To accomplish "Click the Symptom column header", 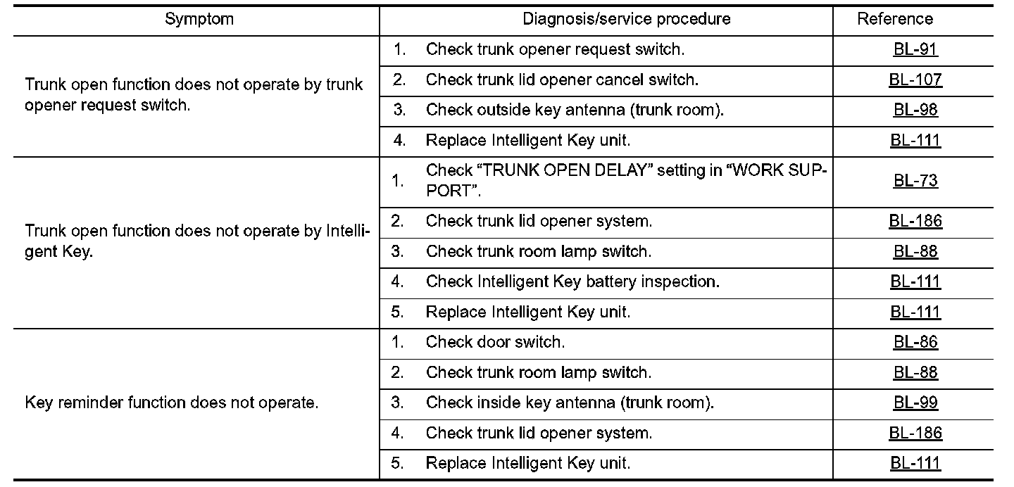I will (199, 20).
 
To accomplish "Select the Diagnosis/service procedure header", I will (626, 20).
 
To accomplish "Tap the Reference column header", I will (894, 20).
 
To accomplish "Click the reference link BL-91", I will (915, 50).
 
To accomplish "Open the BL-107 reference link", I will (915, 80).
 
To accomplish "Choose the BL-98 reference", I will (915, 110).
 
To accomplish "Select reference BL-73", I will (915, 181).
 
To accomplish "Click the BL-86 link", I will (915, 343).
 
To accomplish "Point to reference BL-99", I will (915, 403).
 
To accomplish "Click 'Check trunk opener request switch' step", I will (555, 50).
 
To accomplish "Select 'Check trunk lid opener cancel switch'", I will (562, 80).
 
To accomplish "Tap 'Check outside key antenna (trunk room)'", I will (575, 110).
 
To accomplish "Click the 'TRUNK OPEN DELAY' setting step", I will (626, 181).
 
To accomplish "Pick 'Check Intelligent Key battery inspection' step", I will (572, 282).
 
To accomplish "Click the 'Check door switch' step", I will (495, 343).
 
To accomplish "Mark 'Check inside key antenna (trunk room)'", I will (570, 403).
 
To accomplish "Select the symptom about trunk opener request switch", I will (194, 95).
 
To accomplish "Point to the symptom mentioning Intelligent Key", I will (197, 241).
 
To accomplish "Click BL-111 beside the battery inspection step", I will (915, 282).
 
